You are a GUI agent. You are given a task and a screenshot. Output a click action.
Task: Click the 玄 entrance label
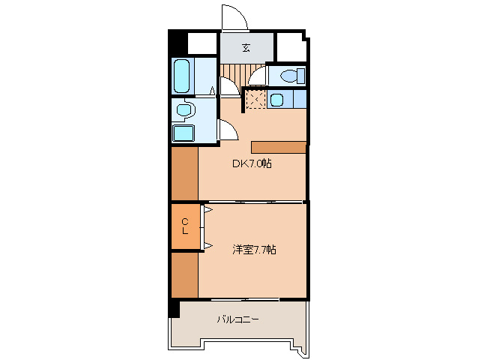246,49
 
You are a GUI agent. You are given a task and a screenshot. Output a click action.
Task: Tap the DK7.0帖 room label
250,163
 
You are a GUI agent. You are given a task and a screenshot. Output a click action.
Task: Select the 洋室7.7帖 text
253,250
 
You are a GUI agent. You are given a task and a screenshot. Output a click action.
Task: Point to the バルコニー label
238,319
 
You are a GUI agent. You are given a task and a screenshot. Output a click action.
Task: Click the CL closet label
184,226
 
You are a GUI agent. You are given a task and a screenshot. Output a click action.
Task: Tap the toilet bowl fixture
290,76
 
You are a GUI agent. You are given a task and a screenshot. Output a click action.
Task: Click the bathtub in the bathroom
182,76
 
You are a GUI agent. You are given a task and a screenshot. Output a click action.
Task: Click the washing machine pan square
183,133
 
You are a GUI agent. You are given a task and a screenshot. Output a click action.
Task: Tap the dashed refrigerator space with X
255,99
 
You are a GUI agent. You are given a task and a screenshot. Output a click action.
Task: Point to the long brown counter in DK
279,147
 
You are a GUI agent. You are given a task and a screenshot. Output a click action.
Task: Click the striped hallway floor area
233,75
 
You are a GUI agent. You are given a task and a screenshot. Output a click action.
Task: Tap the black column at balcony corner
174,307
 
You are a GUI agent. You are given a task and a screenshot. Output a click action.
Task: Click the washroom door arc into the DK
228,133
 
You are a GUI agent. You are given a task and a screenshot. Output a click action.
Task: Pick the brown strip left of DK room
184,173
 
